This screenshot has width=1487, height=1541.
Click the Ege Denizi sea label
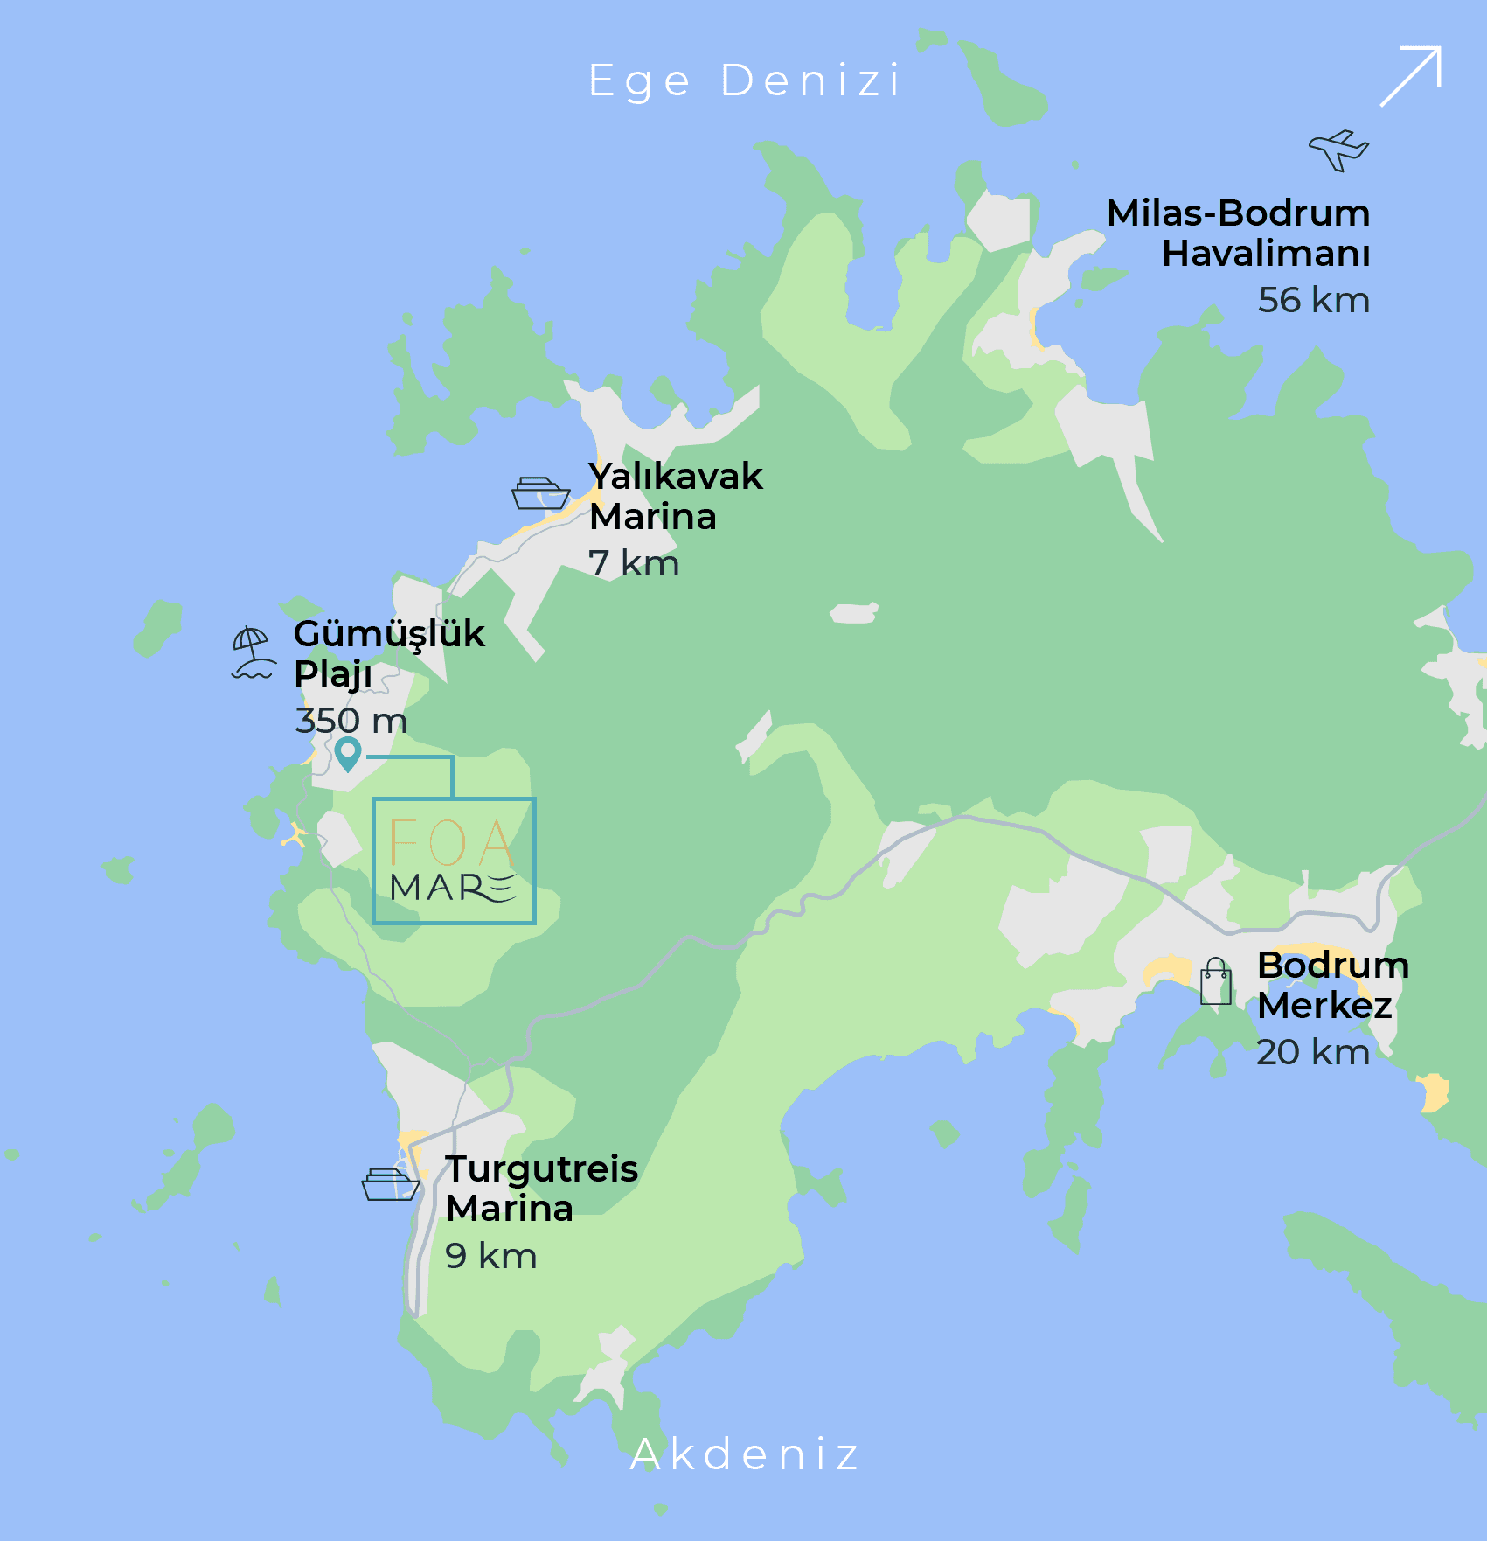click(x=744, y=81)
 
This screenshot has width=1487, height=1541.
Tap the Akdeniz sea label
click(x=745, y=1454)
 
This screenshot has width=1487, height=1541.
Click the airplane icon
click(x=1338, y=150)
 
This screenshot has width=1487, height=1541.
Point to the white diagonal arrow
click(x=1411, y=77)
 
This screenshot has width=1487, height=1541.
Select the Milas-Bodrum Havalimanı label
click(x=1238, y=234)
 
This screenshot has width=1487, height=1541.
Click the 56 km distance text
click(x=1313, y=300)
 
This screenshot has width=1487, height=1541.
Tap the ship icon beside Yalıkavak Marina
click(x=541, y=493)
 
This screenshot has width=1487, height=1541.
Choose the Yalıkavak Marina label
click(x=675, y=497)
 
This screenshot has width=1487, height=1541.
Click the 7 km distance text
click(x=634, y=563)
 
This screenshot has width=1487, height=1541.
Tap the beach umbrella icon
click(x=253, y=652)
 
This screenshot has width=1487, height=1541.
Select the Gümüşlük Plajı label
click(x=388, y=653)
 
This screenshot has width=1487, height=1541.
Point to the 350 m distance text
click(x=351, y=721)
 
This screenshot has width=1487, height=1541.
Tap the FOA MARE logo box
click(x=454, y=861)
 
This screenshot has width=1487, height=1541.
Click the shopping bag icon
click(x=1216, y=981)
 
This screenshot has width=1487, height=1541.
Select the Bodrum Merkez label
click(x=1332, y=985)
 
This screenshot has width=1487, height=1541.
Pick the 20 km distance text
click(x=1313, y=1052)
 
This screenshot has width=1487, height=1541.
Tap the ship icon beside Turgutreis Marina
click(x=391, y=1184)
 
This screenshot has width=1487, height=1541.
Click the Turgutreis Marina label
click(x=541, y=1189)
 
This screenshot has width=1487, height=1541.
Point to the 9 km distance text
click(x=490, y=1256)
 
